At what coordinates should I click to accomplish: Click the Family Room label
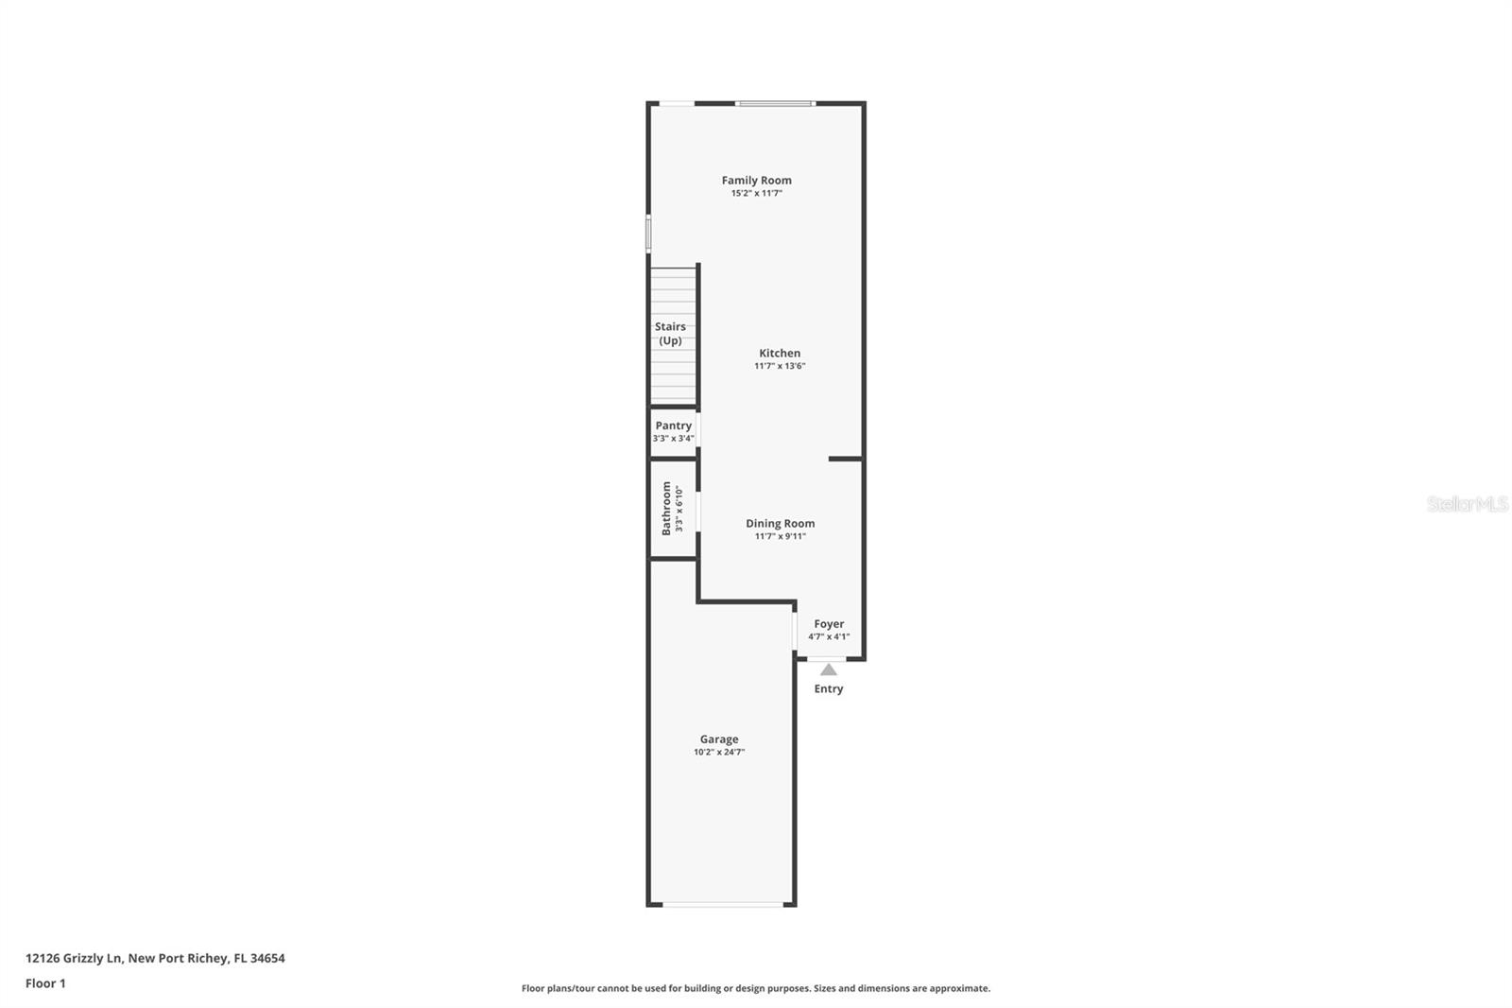click(x=756, y=180)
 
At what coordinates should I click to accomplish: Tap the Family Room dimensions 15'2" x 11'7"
click(x=756, y=193)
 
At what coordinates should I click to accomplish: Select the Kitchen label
click(x=780, y=353)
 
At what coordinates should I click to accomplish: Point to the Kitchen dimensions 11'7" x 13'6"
click(x=780, y=366)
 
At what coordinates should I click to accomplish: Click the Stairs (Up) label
click(x=670, y=334)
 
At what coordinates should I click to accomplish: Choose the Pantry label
click(x=673, y=426)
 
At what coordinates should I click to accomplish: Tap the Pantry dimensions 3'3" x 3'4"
click(x=673, y=439)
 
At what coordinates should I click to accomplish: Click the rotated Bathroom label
click(x=666, y=508)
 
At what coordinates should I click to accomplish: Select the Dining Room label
click(x=780, y=523)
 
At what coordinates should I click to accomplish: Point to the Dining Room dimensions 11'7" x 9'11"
click(x=780, y=536)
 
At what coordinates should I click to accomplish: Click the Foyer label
click(x=829, y=624)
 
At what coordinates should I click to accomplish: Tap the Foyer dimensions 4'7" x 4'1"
click(x=829, y=637)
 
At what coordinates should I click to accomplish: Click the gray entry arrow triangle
click(x=828, y=670)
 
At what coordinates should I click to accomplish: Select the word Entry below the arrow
click(x=828, y=688)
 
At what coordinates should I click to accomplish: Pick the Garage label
click(x=719, y=739)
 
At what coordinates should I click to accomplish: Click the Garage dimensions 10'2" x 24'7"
click(x=719, y=753)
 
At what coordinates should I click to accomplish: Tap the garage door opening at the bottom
click(x=723, y=905)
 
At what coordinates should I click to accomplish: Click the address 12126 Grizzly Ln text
click(x=155, y=958)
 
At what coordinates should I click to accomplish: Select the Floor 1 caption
click(x=45, y=983)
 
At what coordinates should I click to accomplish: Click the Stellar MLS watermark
click(x=1467, y=504)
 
